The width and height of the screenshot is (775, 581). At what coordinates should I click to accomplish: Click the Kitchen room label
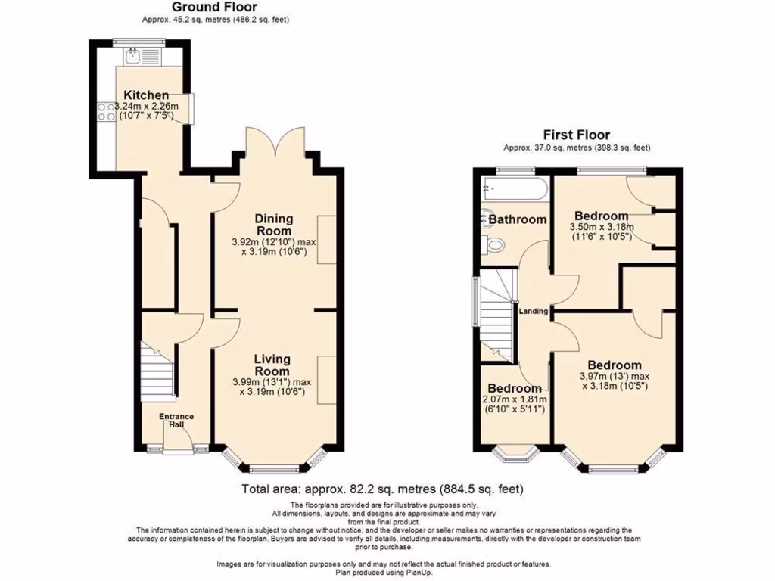pyautogui.click(x=146, y=95)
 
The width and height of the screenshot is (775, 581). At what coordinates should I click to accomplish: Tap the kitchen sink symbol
pyautogui.click(x=133, y=54)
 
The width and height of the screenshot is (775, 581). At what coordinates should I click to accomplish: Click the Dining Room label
pyautogui.click(x=274, y=225)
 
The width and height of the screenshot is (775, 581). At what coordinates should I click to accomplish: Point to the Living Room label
pyautogui.click(x=272, y=365)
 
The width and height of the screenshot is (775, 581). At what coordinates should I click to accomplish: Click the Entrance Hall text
pyautogui.click(x=176, y=421)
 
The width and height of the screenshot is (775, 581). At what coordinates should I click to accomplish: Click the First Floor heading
pyautogui.click(x=577, y=135)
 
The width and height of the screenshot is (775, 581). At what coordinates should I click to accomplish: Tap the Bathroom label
pyautogui.click(x=517, y=219)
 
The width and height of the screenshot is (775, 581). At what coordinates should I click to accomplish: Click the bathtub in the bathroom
pyautogui.click(x=515, y=189)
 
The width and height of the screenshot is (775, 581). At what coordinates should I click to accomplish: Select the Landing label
pyautogui.click(x=532, y=309)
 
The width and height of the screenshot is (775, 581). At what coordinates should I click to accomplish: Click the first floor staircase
pyautogui.click(x=497, y=318)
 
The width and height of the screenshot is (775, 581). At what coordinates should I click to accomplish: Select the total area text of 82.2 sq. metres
pyautogui.click(x=382, y=489)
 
